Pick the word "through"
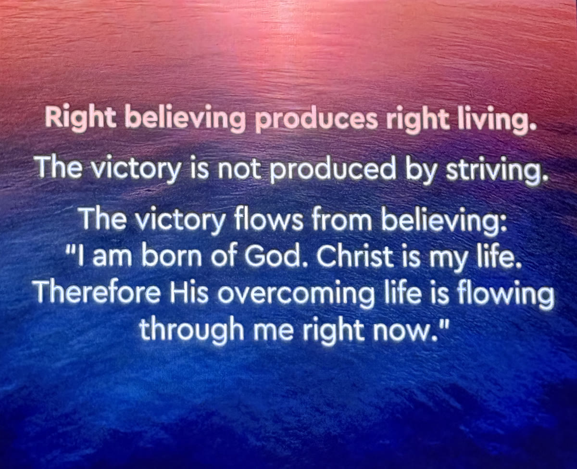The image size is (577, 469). coord(192,331)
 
